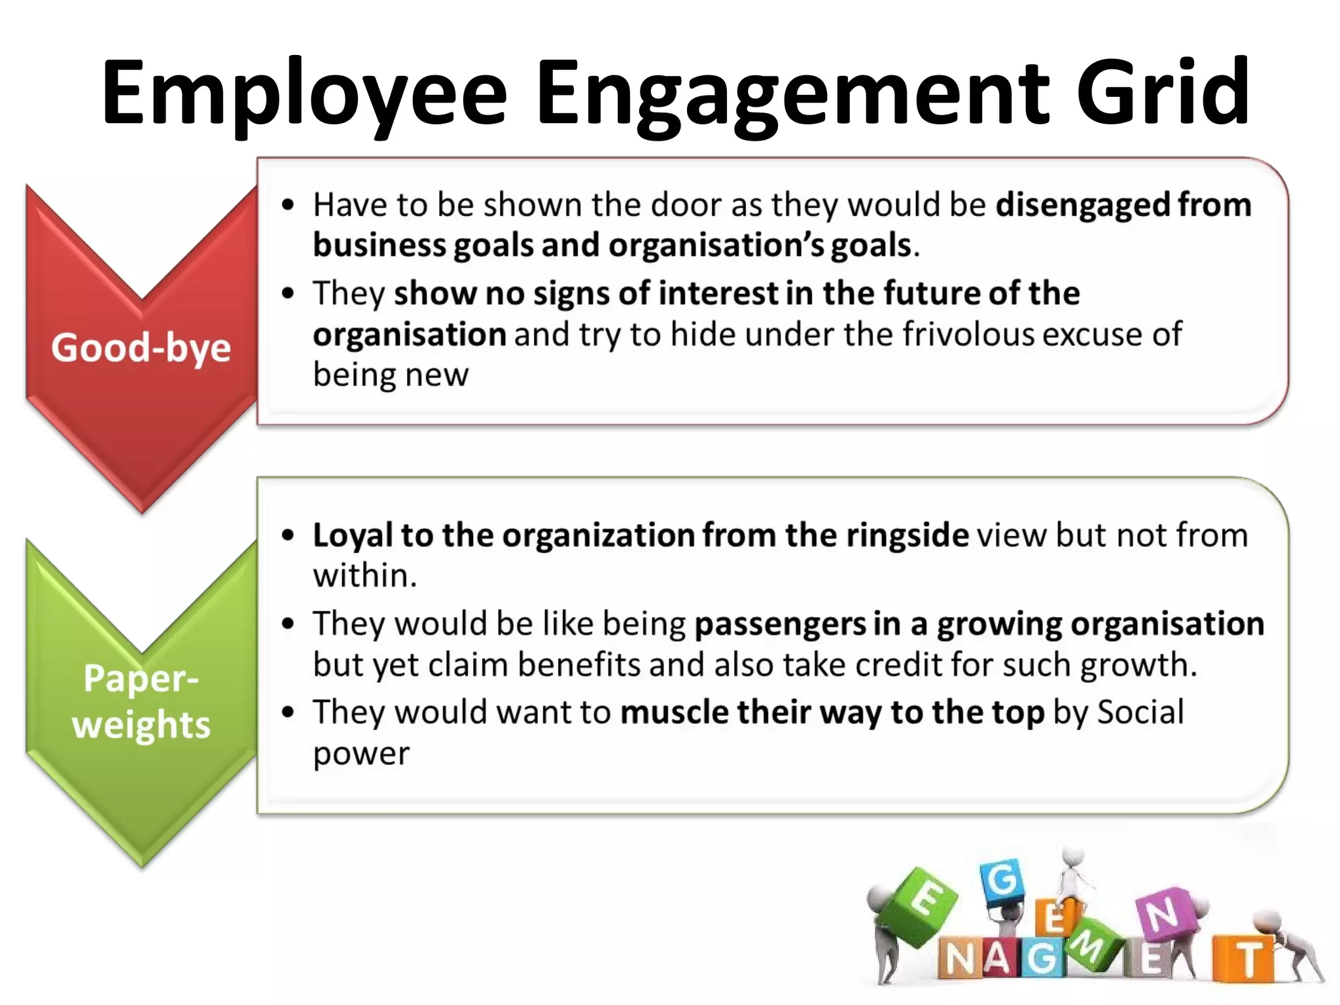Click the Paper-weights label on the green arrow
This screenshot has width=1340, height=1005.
tap(141, 701)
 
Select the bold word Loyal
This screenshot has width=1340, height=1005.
tap(353, 535)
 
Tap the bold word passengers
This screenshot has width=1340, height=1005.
tap(779, 624)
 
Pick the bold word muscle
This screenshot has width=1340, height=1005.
tap(674, 712)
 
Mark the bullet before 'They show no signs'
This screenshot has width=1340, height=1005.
tap(288, 293)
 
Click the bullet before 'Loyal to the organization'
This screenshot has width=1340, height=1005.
tap(288, 535)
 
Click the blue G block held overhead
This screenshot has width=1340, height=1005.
tap(1002, 881)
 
